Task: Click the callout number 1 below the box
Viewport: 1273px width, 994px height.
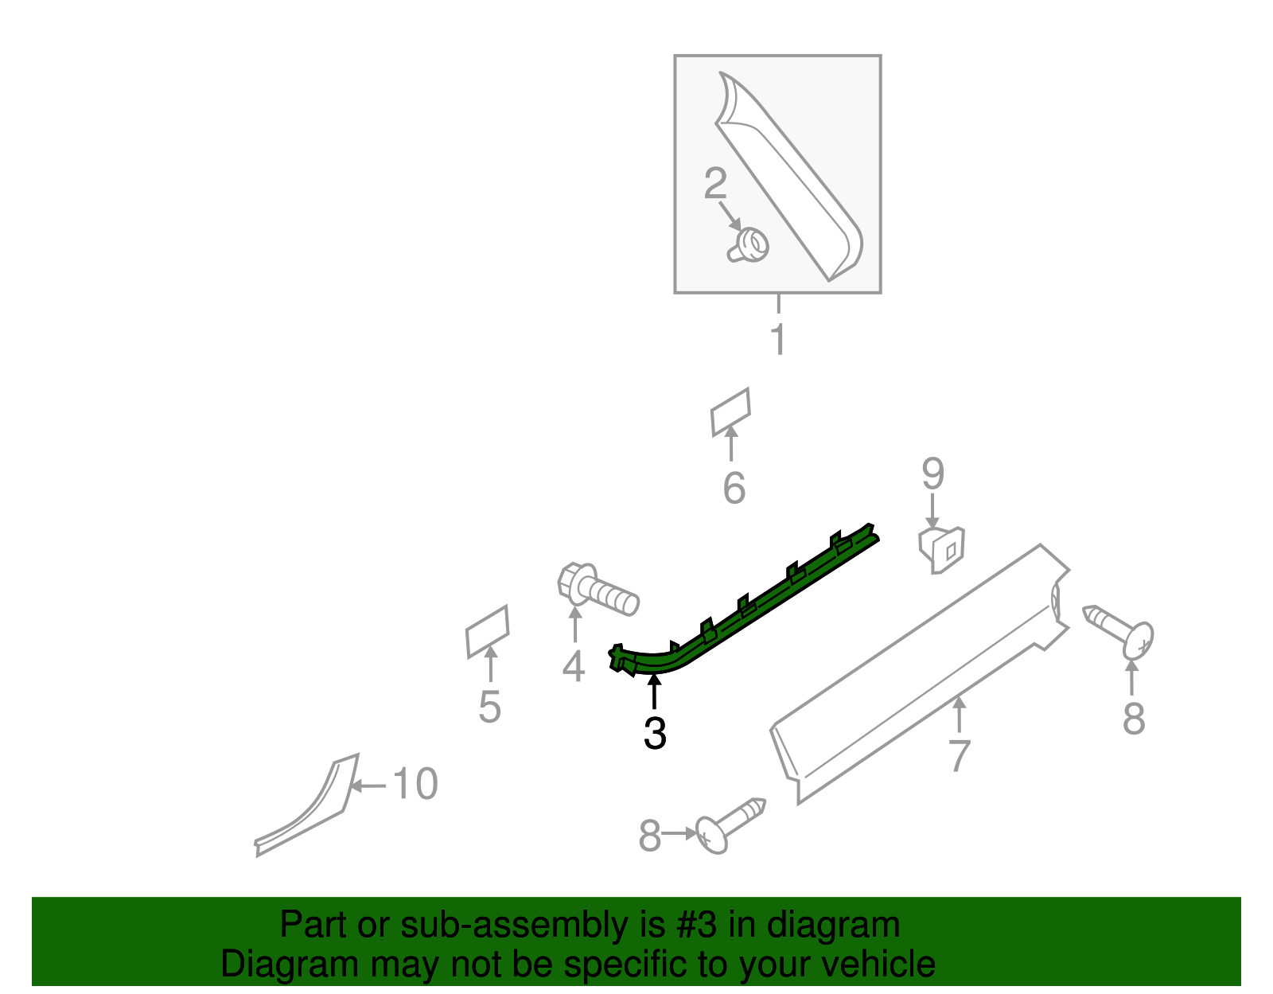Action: pyautogui.click(x=778, y=340)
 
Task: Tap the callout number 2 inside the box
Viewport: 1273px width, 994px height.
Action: pyautogui.click(x=715, y=184)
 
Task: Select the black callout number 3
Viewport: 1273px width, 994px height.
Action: pyautogui.click(x=654, y=733)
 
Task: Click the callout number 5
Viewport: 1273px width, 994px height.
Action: pyautogui.click(x=489, y=707)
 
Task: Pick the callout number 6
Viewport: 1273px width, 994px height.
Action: pyautogui.click(x=734, y=488)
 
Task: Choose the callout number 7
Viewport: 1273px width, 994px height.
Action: pyautogui.click(x=960, y=755)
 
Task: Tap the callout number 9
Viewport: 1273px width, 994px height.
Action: pyautogui.click(x=932, y=474)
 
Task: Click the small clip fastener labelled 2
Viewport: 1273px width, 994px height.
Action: pyautogui.click(x=749, y=244)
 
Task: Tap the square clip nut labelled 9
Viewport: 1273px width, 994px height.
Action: pyautogui.click(x=942, y=548)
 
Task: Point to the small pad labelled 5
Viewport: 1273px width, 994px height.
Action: pyautogui.click(x=487, y=632)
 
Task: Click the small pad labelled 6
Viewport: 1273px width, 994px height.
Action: pyautogui.click(x=730, y=411)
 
